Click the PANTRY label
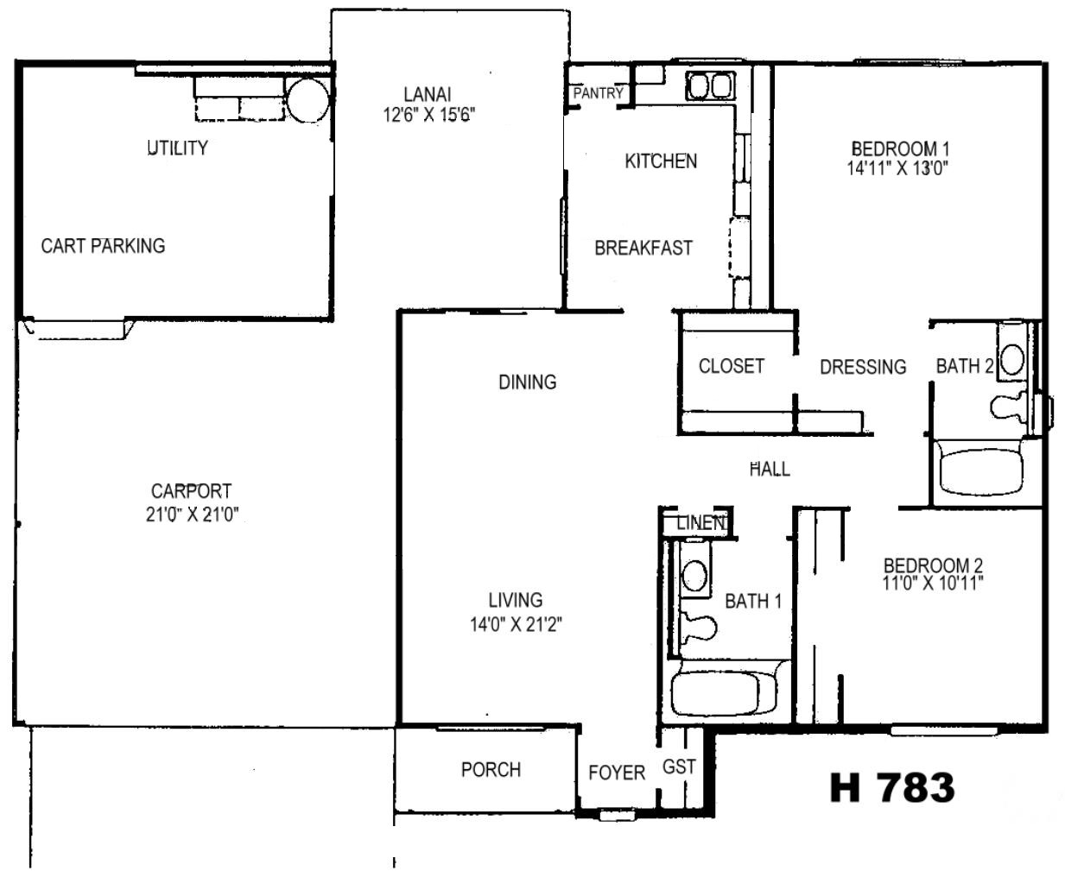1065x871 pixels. pyautogui.click(x=598, y=93)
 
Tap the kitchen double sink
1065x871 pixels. pyautogui.click(x=710, y=85)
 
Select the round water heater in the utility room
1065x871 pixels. pyautogui.click(x=307, y=100)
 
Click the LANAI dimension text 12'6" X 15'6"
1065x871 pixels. pyautogui.click(x=428, y=115)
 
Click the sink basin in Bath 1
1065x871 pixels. pyautogui.click(x=694, y=575)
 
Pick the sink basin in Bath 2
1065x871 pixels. pyautogui.click(x=1012, y=359)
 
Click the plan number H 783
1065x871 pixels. pyautogui.click(x=892, y=788)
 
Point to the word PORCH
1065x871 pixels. pyautogui.click(x=491, y=769)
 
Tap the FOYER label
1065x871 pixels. pyautogui.click(x=617, y=773)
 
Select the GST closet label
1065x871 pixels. pyautogui.click(x=679, y=767)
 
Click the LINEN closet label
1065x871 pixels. pyautogui.click(x=700, y=523)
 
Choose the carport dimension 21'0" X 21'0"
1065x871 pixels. pyautogui.click(x=192, y=514)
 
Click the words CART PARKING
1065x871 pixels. pyautogui.click(x=103, y=246)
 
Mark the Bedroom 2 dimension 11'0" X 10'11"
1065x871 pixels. pyautogui.click(x=932, y=583)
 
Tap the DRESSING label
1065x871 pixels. pyautogui.click(x=863, y=367)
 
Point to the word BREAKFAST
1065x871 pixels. pyautogui.click(x=643, y=248)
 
